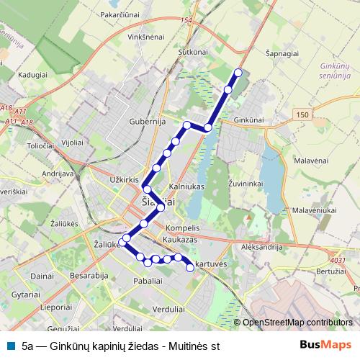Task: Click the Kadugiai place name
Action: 32,73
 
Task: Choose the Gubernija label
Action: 148,122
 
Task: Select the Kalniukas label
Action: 186,186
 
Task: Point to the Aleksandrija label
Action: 263,246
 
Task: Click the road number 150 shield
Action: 302,115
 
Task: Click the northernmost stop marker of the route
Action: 238,72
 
